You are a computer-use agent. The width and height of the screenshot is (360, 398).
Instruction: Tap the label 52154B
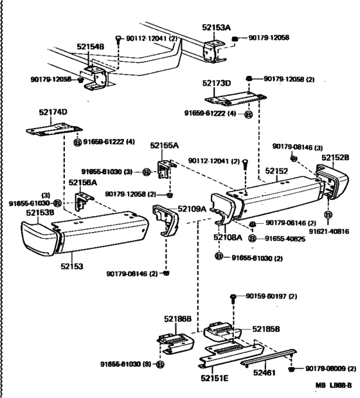[x=91, y=48]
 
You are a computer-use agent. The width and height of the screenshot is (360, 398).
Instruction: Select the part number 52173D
[x=218, y=84]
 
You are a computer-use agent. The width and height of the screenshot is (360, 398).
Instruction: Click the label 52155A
[x=165, y=146]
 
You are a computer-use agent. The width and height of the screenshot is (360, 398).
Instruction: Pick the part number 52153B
[x=40, y=212]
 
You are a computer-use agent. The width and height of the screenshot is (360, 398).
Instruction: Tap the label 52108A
[x=228, y=237]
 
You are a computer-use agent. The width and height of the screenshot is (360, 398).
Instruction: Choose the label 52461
[x=264, y=371]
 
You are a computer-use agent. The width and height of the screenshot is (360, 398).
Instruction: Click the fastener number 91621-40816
[x=331, y=230]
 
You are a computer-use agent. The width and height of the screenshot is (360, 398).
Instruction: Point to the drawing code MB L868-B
[x=334, y=385]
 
